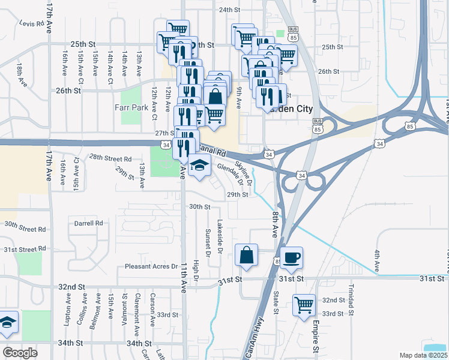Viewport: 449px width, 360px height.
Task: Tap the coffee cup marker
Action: coord(291,257)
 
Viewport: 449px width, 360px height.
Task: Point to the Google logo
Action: coord(20,352)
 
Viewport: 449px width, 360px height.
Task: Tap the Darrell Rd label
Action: coord(89,223)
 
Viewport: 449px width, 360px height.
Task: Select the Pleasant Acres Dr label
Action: coord(151,266)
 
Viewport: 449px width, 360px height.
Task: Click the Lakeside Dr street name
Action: coord(220,238)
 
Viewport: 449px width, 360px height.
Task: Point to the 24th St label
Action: coord(229,10)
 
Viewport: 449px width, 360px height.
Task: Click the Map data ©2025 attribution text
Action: coord(423,355)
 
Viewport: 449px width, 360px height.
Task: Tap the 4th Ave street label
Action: coord(377,259)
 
